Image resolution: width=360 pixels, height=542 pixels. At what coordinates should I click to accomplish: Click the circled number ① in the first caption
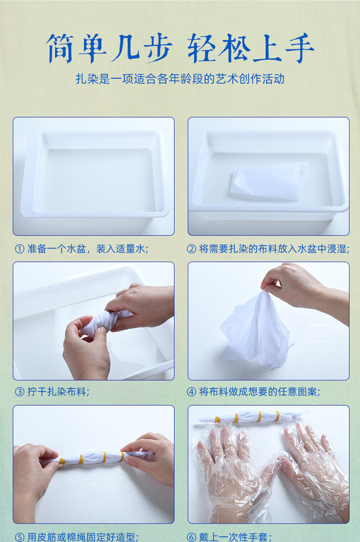coord(20,249)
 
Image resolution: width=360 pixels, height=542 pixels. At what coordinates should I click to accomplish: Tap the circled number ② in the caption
coord(191,249)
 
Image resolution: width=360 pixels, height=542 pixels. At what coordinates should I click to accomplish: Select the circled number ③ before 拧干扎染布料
coord(20,392)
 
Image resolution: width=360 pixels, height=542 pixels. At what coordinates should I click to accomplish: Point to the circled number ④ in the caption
coord(191,392)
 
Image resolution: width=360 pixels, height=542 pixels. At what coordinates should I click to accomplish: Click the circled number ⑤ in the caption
coord(20,537)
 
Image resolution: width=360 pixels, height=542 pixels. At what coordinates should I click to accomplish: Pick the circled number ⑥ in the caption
coord(191,537)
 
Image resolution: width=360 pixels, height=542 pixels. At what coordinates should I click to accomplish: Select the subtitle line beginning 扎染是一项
coord(180,79)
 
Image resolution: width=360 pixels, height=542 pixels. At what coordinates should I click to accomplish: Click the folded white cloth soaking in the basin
coord(268,182)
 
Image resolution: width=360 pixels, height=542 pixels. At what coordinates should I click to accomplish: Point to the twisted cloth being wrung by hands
coord(104,322)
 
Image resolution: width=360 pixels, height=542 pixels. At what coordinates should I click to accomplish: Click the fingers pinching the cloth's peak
coord(270,285)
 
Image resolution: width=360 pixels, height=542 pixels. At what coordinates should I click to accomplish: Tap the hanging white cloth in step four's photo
coord(255,330)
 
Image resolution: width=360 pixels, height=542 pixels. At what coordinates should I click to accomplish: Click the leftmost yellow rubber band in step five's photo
coord(62,461)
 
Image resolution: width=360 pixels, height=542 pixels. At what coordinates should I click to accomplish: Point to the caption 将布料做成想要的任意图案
coord(260,392)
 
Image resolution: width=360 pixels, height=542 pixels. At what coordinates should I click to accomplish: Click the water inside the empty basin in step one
coord(97,180)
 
